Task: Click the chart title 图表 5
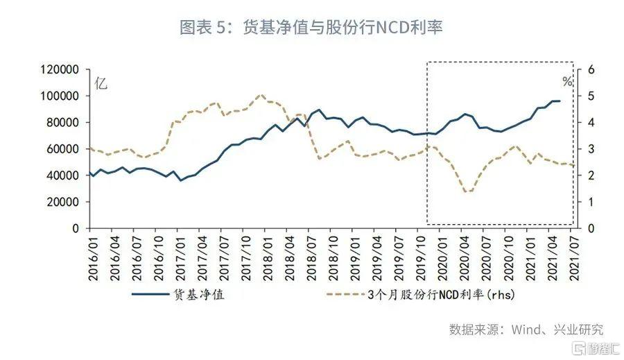(311, 28)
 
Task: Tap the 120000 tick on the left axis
(60, 70)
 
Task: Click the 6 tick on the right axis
(590, 70)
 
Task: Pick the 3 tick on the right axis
(590, 149)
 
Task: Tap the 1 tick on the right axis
(590, 202)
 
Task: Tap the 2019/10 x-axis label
(420, 257)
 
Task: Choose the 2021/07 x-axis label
(573, 257)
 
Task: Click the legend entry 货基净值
(198, 294)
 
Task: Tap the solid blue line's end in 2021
(560, 101)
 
